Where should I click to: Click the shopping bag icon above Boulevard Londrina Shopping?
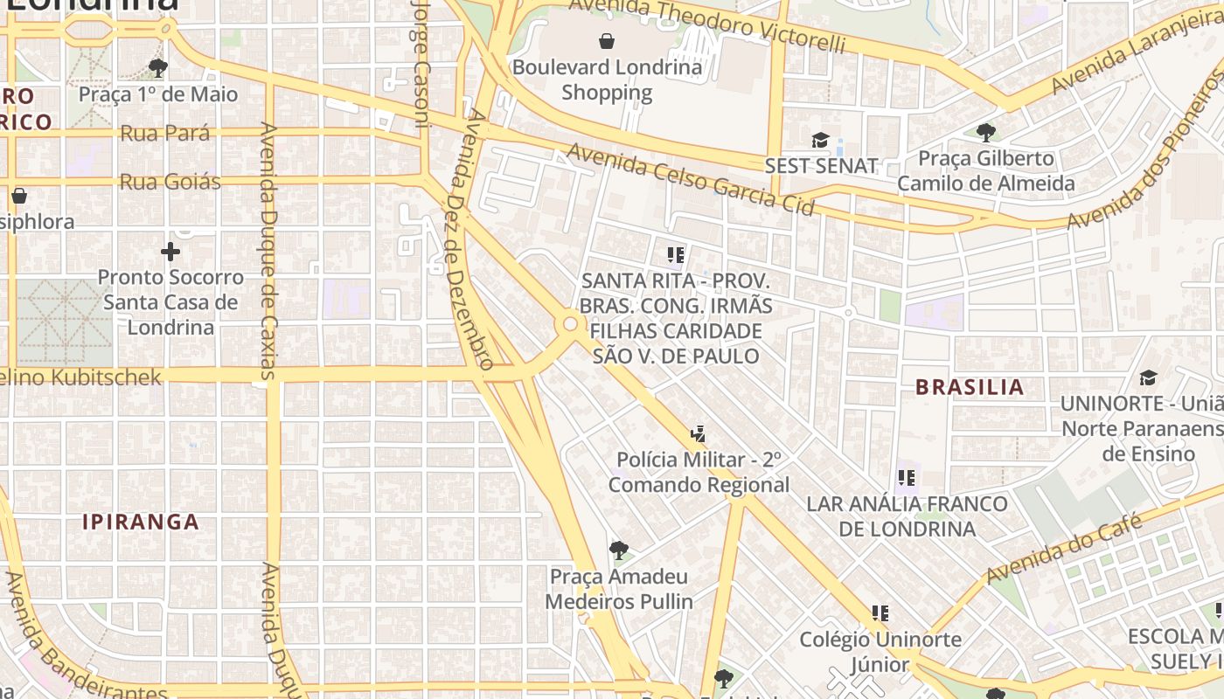(607, 40)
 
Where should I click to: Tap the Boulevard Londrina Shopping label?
(607, 80)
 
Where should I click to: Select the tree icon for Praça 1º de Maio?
(158, 67)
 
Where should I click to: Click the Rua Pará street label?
(164, 134)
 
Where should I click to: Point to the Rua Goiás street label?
(170, 182)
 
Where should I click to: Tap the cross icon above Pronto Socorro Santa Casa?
(170, 253)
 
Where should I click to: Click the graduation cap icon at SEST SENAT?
(820, 140)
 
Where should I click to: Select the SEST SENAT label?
(821, 166)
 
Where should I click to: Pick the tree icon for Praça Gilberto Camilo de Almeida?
(986, 133)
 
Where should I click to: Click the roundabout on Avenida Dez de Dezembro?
(570, 324)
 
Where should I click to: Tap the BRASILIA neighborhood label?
(969, 387)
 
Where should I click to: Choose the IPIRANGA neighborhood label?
(141, 523)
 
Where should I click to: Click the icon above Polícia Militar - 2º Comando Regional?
(698, 433)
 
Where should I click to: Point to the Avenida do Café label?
(1064, 550)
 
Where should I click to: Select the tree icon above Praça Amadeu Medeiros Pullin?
(619, 550)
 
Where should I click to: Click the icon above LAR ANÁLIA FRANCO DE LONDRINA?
(907, 478)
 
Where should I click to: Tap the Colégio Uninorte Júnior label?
(880, 652)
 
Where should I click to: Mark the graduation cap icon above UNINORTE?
(1148, 377)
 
